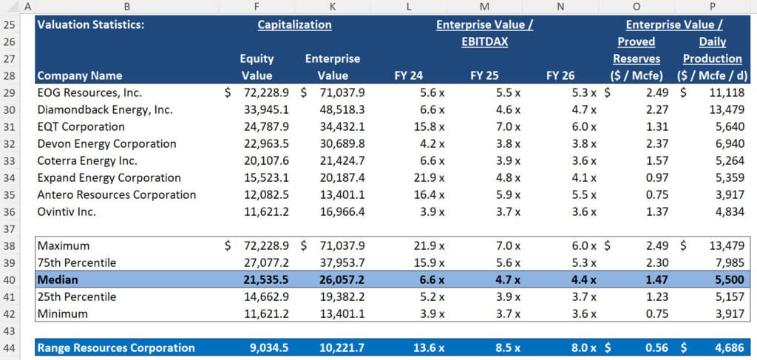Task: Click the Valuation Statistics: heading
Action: pos(90,24)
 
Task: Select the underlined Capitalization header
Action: pos(294,24)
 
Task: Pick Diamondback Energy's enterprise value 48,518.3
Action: pos(339,109)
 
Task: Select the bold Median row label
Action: pos(58,279)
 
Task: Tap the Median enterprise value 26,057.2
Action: pos(339,279)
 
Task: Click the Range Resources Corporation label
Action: pos(116,347)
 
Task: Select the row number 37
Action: pos(12,228)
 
